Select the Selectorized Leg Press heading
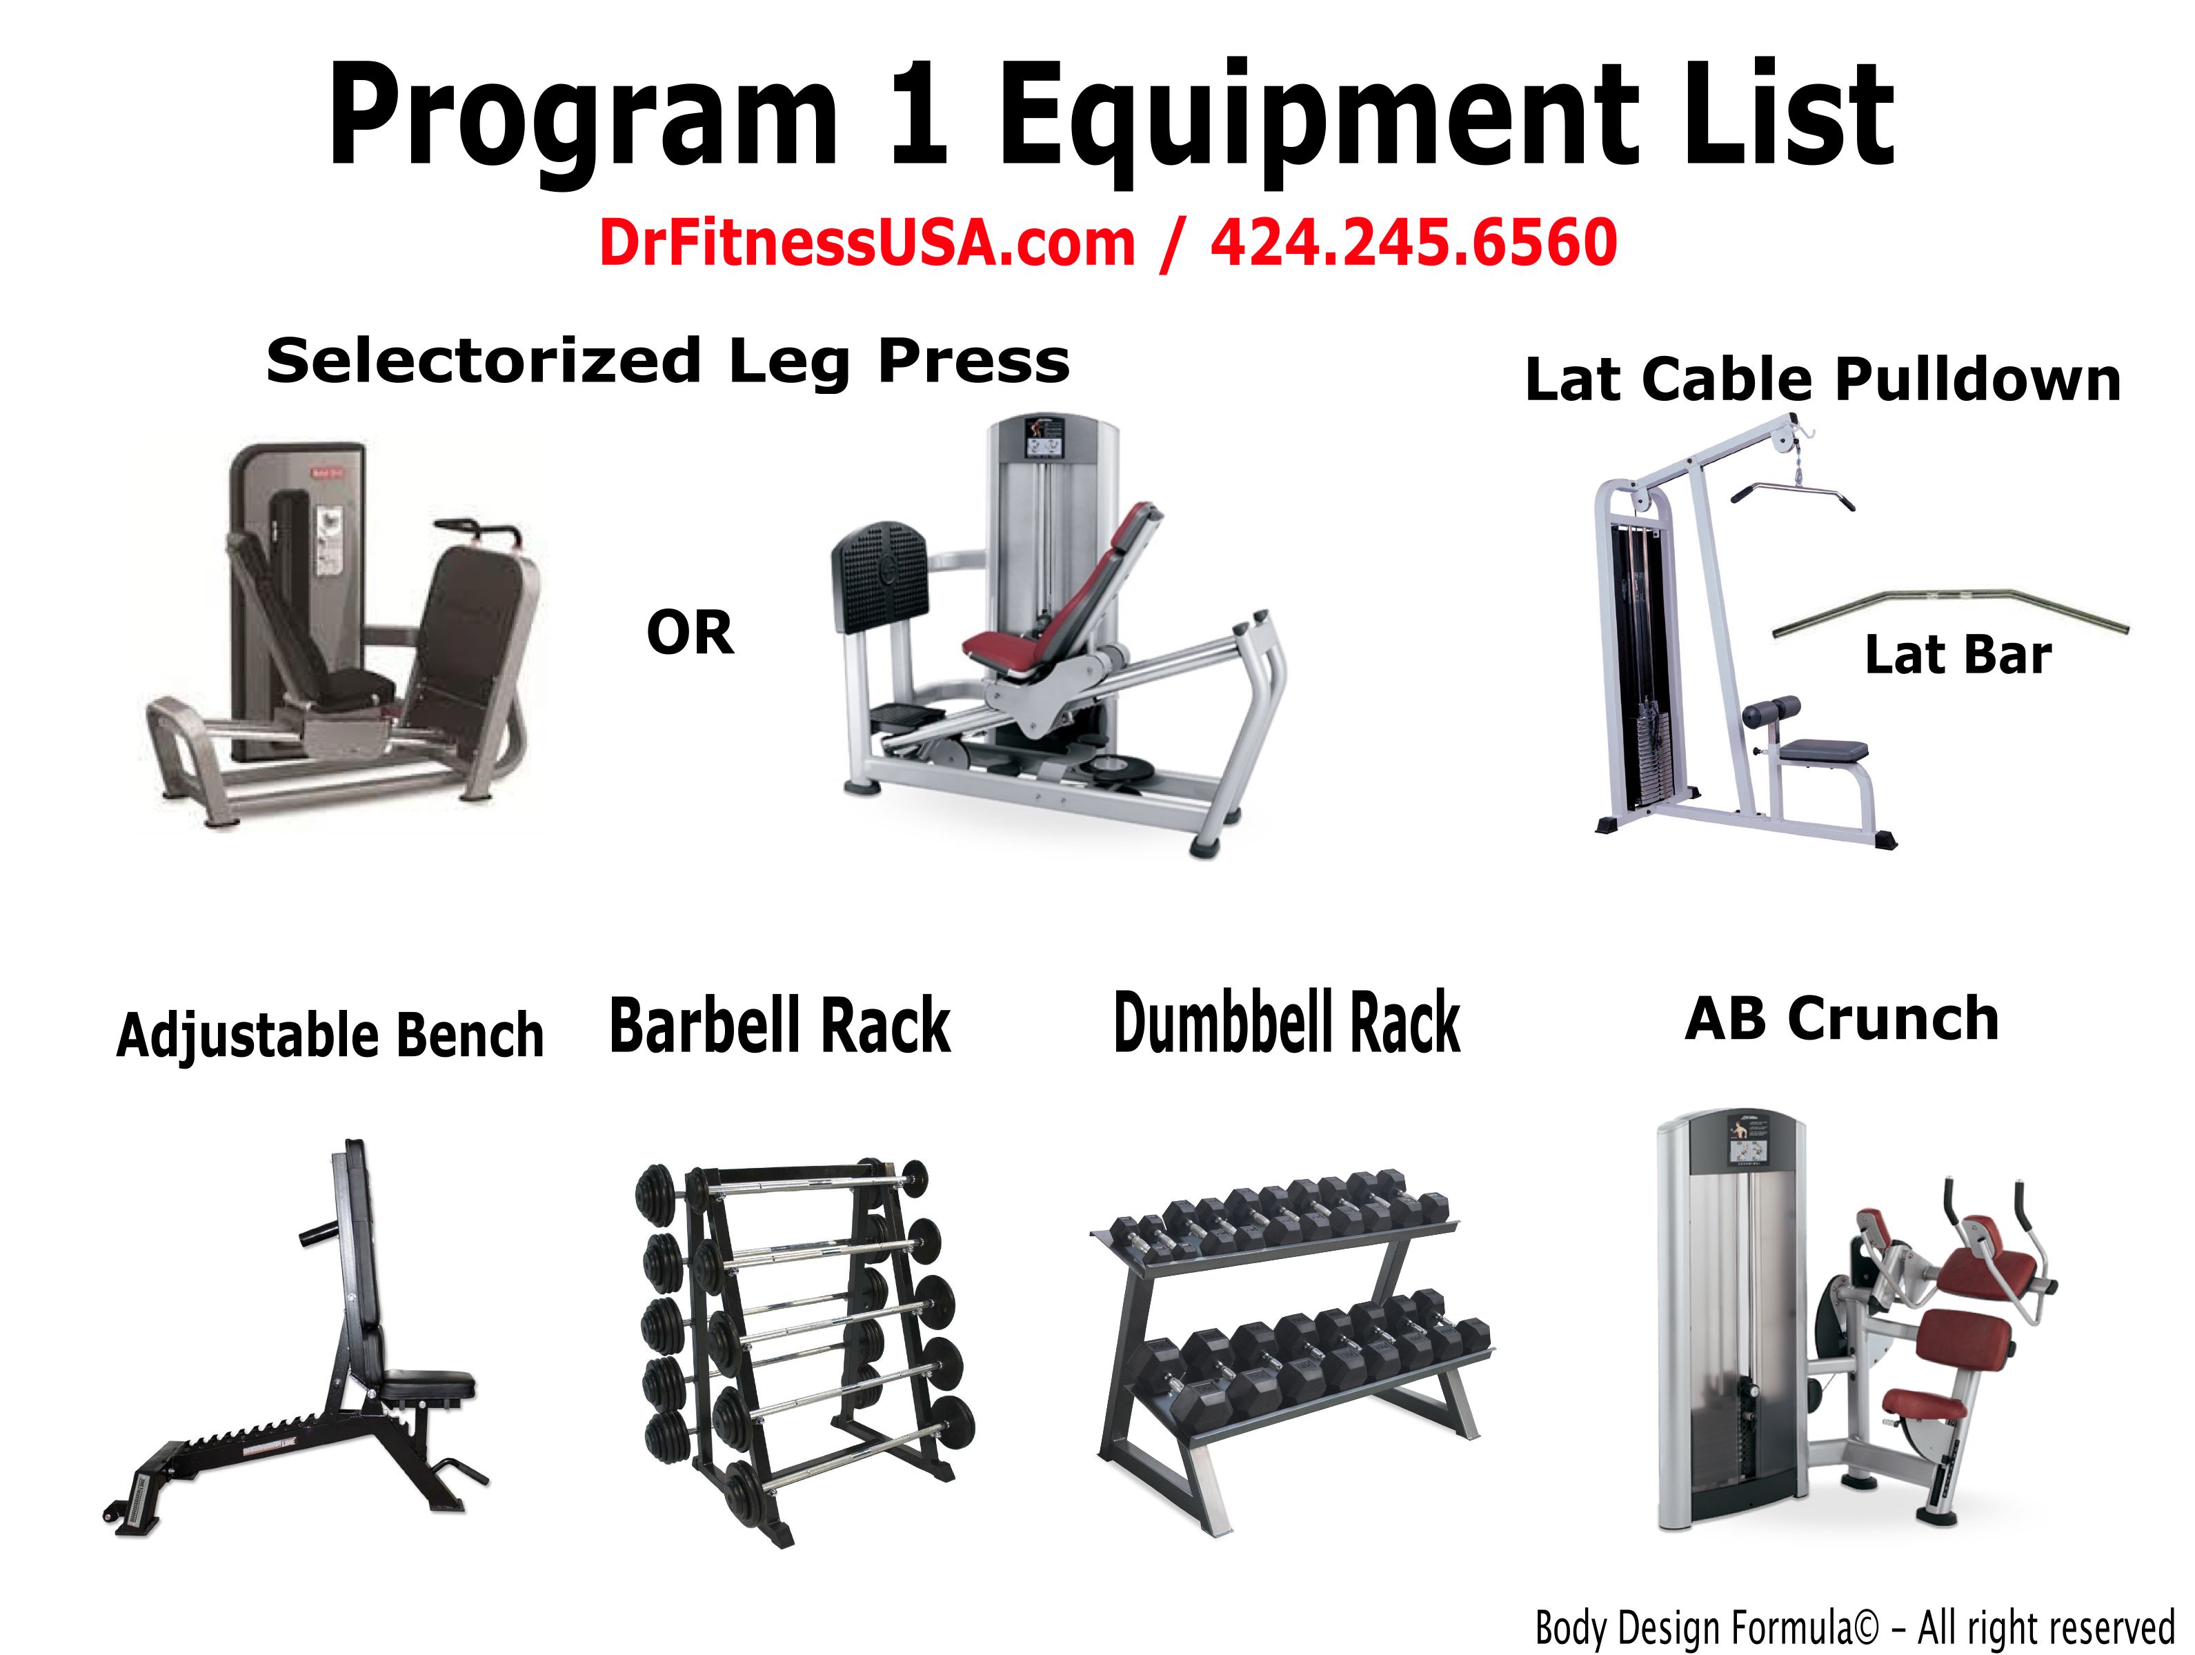point(668,361)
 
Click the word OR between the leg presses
point(690,633)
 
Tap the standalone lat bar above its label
point(1950,611)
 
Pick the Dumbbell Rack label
point(1287,1023)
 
